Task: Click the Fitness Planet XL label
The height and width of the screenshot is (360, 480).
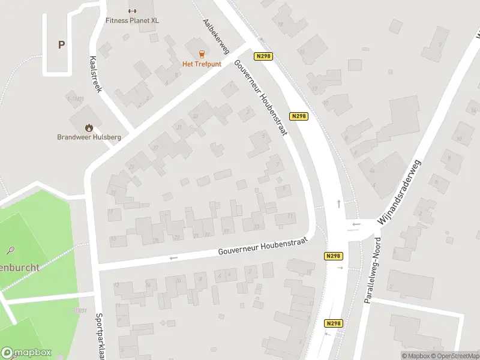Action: (133, 20)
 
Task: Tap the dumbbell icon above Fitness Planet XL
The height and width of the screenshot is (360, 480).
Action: (133, 10)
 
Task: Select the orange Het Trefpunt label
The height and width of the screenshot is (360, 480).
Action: (202, 64)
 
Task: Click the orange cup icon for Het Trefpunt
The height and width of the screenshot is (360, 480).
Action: (202, 53)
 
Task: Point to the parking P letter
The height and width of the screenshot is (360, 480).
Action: (61, 44)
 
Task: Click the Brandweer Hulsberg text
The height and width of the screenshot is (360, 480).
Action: (89, 137)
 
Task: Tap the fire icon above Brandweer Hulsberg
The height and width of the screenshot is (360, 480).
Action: (89, 127)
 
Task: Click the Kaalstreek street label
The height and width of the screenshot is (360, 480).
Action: (96, 73)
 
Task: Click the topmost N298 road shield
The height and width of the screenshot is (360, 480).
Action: (263, 56)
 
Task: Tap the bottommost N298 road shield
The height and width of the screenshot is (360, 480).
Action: (333, 323)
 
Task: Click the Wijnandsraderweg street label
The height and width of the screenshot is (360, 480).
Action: (400, 191)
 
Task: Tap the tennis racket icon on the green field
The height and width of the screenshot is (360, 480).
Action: (11, 250)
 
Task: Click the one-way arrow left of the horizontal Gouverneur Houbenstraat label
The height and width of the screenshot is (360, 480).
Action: (174, 258)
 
